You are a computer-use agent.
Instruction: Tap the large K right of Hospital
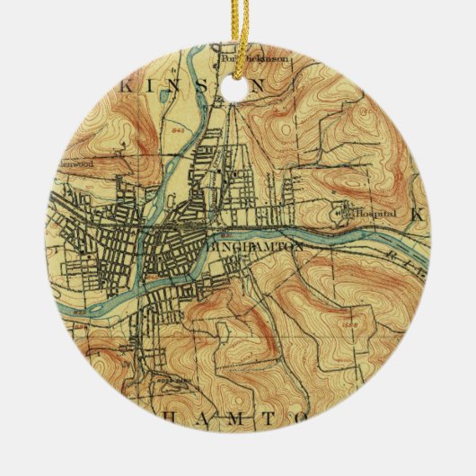[415, 216]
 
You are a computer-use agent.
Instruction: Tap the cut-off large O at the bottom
[307, 419]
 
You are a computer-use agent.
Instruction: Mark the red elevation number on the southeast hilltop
[348, 321]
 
